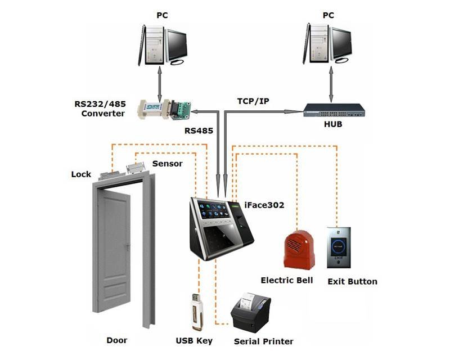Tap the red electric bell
click(299, 248)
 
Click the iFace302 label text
click(264, 205)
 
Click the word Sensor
click(168, 164)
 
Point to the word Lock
click(81, 174)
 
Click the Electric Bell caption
click(286, 280)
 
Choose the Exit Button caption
click(352, 281)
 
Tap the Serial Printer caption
click(263, 341)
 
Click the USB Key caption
click(193, 340)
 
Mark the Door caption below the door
click(117, 340)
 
